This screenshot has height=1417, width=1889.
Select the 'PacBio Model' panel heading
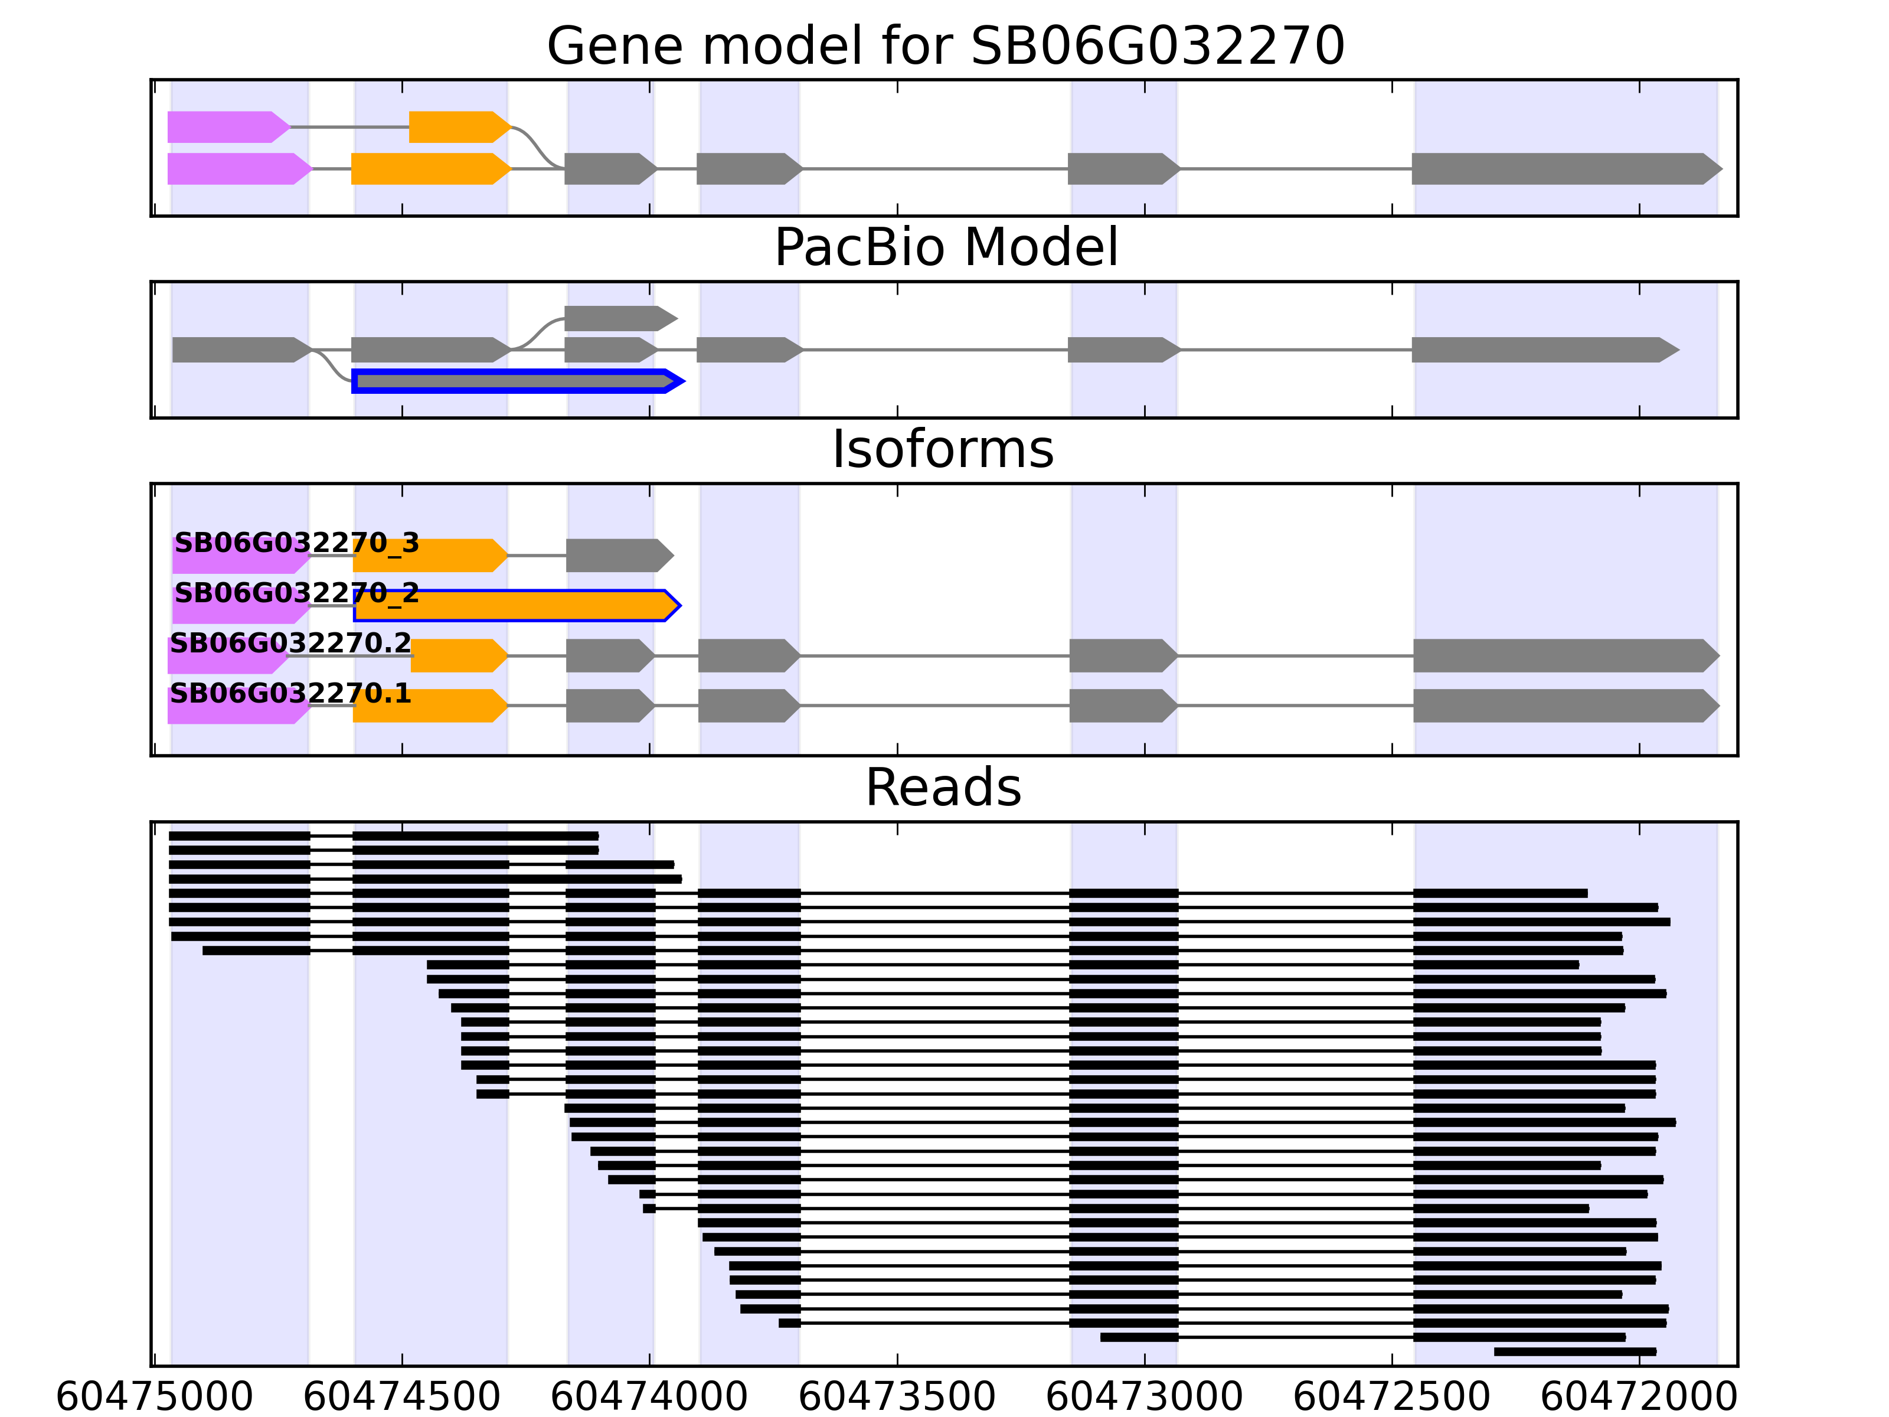944,248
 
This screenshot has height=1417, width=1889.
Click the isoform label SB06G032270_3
296,543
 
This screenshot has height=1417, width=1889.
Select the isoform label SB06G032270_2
296,593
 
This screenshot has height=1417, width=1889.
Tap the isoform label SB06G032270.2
290,643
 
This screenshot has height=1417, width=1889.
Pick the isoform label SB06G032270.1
290,694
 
